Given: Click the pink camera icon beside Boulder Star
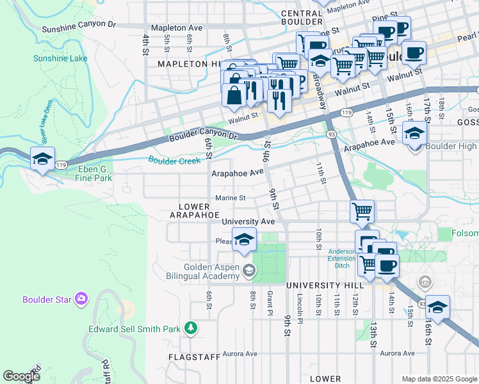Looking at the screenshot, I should pyautogui.click(x=81, y=299).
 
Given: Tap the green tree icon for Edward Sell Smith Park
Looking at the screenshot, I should pyautogui.click(x=190, y=329).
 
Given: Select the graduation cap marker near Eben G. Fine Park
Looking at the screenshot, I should pyautogui.click(x=42, y=159).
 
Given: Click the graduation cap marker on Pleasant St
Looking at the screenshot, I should pyautogui.click(x=244, y=240).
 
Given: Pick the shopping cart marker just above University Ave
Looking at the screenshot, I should pyautogui.click(x=362, y=211).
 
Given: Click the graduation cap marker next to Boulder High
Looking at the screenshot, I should pyautogui.click(x=415, y=134).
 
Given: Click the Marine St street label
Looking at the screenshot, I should pyautogui.click(x=231, y=198).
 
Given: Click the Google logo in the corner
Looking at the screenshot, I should pyautogui.click(x=22, y=376).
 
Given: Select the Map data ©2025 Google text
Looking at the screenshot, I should pyautogui.click(x=439, y=379).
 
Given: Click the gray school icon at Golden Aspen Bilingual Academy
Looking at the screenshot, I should pyautogui.click(x=247, y=271).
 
